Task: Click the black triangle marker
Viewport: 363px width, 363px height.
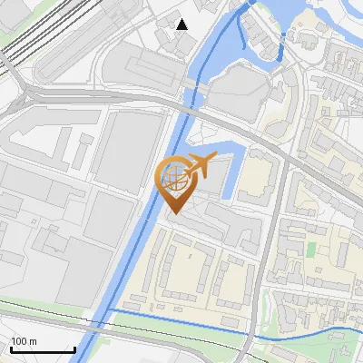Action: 182,25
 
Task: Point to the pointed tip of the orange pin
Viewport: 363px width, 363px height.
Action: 173,213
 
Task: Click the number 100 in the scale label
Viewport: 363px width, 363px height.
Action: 18,341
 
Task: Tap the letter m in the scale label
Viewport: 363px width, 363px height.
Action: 33,341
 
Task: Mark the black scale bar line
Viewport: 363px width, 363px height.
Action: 42,349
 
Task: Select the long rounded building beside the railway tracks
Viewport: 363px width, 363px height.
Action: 82,54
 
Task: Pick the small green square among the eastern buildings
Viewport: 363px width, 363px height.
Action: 311,248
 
